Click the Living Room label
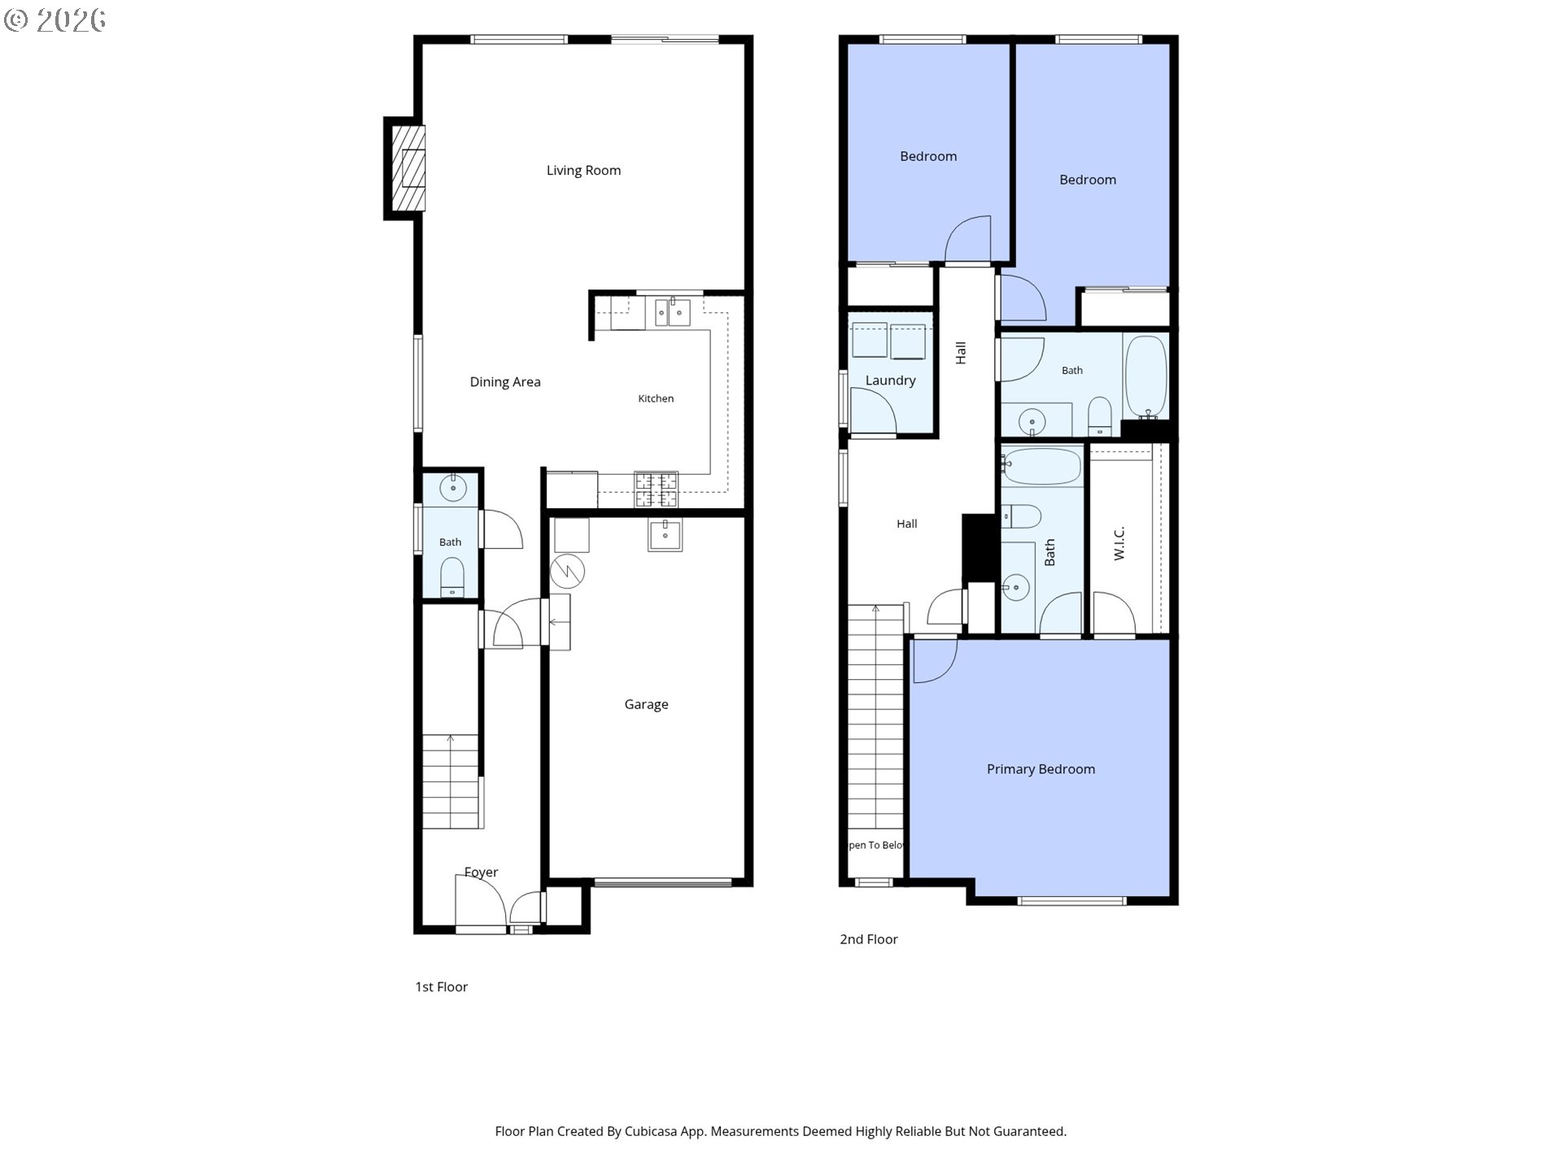point(583,170)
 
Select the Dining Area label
point(505,381)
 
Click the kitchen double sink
point(672,312)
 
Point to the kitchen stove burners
point(656,490)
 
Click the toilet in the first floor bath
point(452,577)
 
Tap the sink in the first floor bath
point(452,488)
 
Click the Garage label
point(646,704)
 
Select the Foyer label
point(481,872)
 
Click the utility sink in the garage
point(665,534)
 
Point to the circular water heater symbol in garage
point(567,571)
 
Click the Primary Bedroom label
point(1041,769)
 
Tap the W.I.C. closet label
point(1119,543)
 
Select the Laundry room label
point(890,381)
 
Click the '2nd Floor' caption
point(869,939)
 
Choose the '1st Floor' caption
point(442,987)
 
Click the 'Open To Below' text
point(876,845)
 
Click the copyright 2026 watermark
point(55,20)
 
